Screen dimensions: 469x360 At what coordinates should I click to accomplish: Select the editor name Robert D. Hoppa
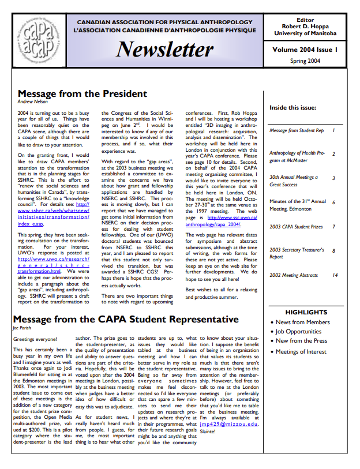tap(313, 27)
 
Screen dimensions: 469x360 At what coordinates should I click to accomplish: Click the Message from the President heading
tap(82, 94)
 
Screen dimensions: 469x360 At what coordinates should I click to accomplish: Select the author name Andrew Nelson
tap(33, 102)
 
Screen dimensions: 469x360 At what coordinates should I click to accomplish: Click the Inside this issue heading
tap(292, 108)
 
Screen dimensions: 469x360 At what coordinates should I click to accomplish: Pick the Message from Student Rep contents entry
tap(297, 131)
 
